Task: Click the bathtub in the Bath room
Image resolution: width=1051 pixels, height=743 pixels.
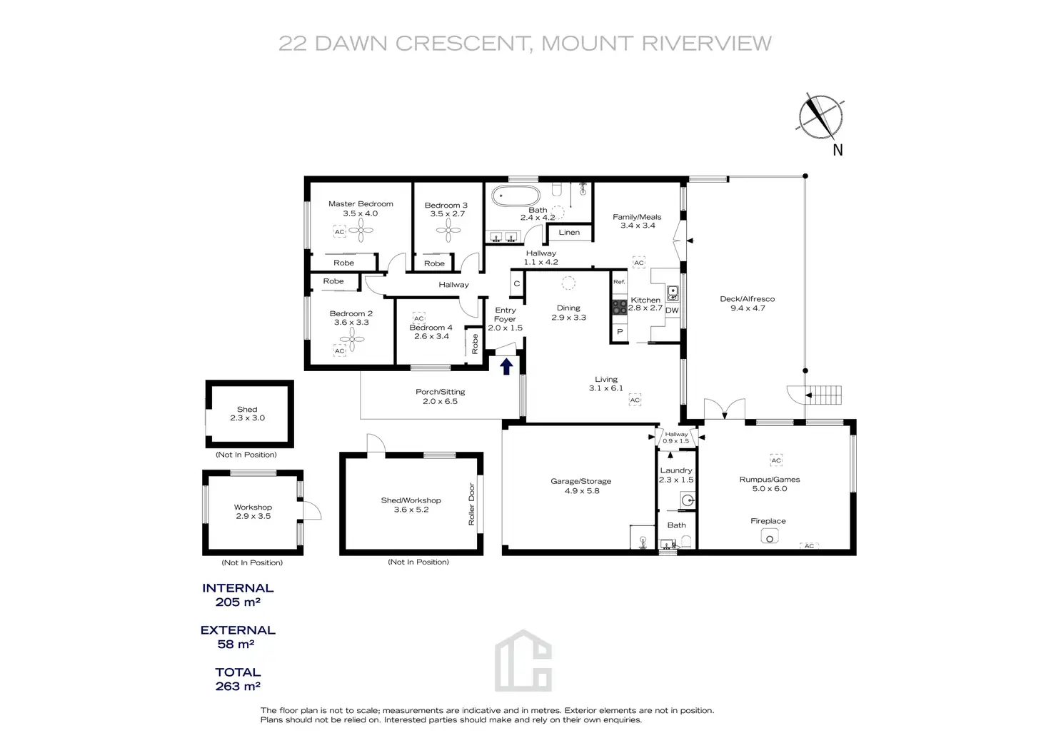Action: [x=516, y=195]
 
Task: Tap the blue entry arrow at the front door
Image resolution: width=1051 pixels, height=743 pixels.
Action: [x=506, y=367]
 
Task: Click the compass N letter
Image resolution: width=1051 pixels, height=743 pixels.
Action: [x=838, y=150]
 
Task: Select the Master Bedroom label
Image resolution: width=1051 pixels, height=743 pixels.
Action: [x=361, y=204]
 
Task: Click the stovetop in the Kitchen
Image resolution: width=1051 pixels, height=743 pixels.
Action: [x=619, y=307]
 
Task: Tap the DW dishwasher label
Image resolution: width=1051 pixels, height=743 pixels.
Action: [x=672, y=310]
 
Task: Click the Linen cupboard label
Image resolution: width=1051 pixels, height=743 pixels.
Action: [x=569, y=232]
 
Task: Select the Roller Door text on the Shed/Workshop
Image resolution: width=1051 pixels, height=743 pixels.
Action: [x=471, y=505]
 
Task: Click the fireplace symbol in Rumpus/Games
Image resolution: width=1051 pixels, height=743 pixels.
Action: [x=769, y=537]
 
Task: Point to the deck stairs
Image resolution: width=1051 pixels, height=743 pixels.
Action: [x=823, y=394]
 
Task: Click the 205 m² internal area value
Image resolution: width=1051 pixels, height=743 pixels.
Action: [x=238, y=602]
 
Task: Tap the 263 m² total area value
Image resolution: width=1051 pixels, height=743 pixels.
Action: [x=238, y=687]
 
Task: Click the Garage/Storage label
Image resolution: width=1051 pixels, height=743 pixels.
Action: [x=580, y=481]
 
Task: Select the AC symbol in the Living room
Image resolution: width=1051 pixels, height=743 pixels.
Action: [x=635, y=400]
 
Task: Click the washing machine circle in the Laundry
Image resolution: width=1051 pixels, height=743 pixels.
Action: [x=687, y=501]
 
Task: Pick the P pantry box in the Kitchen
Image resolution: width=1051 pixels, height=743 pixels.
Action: [x=620, y=332]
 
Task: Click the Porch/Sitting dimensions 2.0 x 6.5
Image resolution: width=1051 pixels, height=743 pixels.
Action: [x=440, y=402]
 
